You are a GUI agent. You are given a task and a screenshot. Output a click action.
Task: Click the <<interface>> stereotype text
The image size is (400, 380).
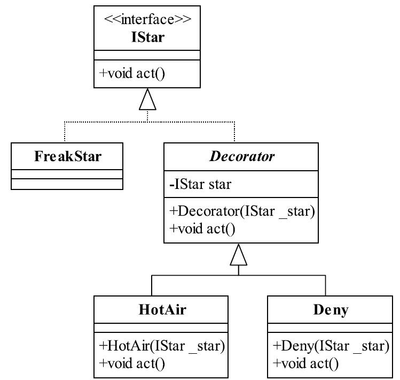tap(147, 19)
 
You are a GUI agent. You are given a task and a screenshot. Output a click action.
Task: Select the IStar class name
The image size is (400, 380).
tap(148, 37)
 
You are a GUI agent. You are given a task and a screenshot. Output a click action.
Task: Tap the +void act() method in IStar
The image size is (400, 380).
tap(132, 74)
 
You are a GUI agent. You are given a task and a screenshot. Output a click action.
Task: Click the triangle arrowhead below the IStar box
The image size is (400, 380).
tap(147, 99)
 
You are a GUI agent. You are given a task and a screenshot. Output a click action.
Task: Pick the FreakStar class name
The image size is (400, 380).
tap(68, 156)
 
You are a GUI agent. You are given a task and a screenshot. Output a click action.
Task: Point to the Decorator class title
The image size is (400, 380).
tap(242, 156)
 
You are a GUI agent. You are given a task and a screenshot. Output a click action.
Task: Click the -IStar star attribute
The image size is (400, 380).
tap(200, 184)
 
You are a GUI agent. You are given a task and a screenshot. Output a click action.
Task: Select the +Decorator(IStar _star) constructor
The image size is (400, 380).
tap(242, 211)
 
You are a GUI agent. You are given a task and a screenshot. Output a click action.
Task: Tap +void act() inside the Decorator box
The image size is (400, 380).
tap(202, 229)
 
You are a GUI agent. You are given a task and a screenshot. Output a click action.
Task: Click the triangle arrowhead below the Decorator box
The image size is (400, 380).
tap(239, 255)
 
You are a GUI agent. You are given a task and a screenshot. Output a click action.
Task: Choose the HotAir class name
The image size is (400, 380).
tap(162, 309)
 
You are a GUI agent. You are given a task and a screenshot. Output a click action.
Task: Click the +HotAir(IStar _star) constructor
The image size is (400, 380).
tap(162, 346)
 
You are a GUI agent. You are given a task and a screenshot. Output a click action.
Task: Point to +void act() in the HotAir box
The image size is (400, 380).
tap(132, 363)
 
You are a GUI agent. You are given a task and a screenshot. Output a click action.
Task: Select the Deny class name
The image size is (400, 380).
tap(331, 310)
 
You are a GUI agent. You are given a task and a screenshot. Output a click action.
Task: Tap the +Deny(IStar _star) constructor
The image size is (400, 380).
tap(331, 346)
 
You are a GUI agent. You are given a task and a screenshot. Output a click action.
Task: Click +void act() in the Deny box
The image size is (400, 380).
tap(305, 363)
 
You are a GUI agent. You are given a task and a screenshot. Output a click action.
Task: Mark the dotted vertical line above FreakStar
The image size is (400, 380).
tap(65, 132)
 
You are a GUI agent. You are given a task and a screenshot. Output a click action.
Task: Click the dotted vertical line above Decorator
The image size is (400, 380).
tap(234, 132)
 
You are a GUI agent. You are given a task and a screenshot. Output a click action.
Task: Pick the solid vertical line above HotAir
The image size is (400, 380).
tap(152, 285)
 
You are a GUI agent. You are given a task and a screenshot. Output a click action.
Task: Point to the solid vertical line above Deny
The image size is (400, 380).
tap(326, 285)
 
